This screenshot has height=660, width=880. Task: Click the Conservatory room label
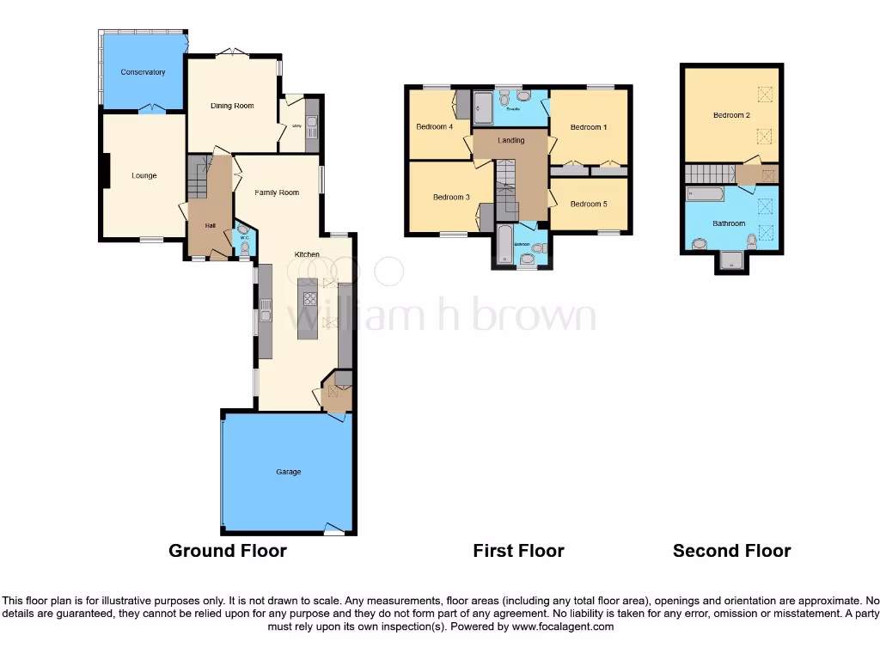point(143,72)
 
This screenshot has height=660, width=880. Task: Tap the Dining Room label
point(232,106)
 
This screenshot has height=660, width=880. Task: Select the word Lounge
point(144,176)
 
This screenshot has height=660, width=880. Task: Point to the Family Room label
point(277,192)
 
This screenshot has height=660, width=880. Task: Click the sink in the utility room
point(311,128)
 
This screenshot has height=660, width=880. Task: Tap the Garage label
point(288,472)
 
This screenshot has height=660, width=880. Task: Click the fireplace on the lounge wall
point(105,169)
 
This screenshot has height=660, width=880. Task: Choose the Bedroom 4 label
point(434,127)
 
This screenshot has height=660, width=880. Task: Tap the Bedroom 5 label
point(589,204)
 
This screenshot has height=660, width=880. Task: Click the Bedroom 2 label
point(731,115)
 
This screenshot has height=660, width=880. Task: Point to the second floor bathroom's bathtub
point(706,194)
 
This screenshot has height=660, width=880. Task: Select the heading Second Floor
point(731,551)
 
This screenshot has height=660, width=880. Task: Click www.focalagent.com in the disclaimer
point(563,626)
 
